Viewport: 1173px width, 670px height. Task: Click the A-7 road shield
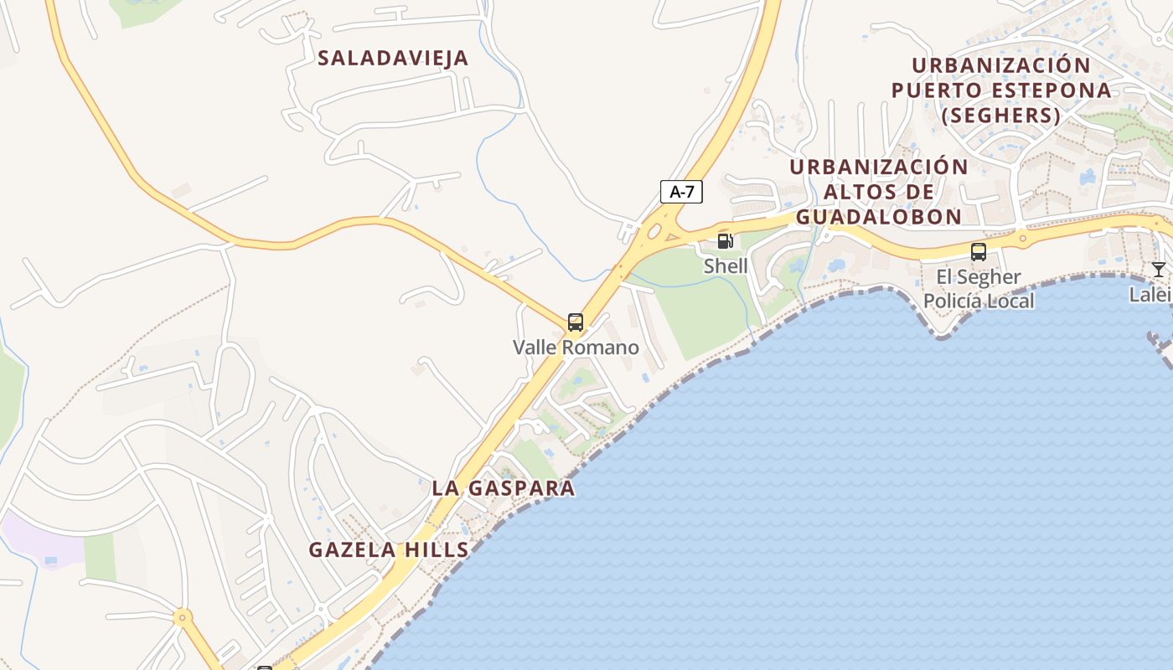click(681, 192)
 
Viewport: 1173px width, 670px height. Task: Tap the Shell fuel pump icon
click(726, 241)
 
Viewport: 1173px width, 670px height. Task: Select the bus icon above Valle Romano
click(575, 322)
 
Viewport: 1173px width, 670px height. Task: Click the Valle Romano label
click(576, 347)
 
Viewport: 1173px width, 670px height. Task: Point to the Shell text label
click(726, 266)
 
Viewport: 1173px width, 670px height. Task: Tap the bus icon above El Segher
click(978, 251)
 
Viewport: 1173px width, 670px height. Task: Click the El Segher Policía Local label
click(979, 289)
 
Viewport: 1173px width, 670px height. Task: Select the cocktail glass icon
click(1158, 270)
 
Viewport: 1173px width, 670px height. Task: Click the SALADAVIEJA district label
click(393, 58)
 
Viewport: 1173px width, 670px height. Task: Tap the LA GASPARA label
click(504, 488)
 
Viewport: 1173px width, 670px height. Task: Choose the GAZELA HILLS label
click(389, 550)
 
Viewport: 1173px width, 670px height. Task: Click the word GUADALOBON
click(878, 217)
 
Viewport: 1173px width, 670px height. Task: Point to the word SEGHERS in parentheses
click(1001, 115)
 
